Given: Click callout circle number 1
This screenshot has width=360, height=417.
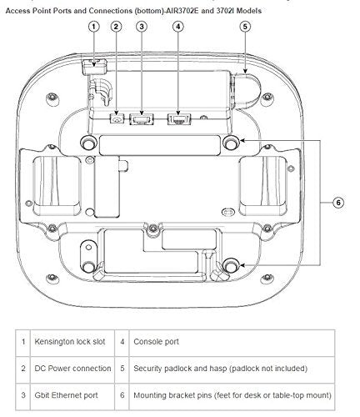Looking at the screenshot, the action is tap(93, 27).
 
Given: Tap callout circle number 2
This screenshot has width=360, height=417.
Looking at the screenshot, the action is tap(116, 27).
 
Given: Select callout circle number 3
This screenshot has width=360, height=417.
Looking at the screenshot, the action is tap(142, 27).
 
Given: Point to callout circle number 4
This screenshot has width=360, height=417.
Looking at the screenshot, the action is tap(178, 27).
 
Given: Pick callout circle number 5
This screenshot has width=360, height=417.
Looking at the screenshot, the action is tap(245, 27).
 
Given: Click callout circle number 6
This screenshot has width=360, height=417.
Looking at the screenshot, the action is tap(338, 203).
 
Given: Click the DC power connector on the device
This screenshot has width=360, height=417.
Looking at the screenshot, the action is tap(117, 119).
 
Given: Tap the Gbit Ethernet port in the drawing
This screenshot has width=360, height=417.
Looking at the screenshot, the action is tap(142, 119).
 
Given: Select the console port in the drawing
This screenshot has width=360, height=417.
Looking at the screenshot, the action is tap(179, 119).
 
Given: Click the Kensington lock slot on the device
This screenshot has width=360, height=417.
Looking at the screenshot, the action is tap(94, 66).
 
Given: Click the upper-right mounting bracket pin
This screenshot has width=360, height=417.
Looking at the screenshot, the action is tap(231, 143).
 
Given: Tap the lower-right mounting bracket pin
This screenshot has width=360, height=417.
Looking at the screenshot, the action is tap(231, 266).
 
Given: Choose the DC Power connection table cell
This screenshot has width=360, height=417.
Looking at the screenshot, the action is tap(72, 369).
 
